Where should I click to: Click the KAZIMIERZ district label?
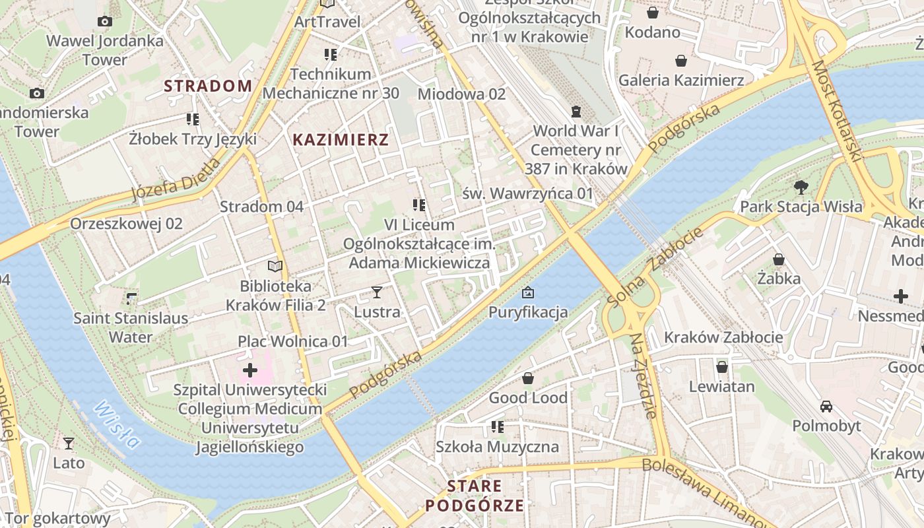point(340,140)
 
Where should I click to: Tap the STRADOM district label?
point(208,86)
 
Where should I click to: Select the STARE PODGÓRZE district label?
point(475,496)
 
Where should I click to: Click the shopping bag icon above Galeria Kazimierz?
point(681,61)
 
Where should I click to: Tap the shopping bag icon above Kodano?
point(652,13)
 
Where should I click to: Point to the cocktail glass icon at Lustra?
point(377,292)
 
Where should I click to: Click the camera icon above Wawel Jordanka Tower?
point(104,22)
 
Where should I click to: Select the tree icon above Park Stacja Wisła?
point(801,187)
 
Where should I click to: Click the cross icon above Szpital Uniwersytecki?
point(250,370)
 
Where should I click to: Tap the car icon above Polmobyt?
point(826,406)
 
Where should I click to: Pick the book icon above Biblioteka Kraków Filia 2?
point(275,267)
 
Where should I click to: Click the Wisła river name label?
point(117,424)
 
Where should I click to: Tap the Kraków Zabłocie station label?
point(723,337)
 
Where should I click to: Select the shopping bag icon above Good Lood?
point(527,378)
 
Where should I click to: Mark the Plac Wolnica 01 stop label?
point(292,341)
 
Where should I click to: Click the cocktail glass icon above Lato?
point(69,443)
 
